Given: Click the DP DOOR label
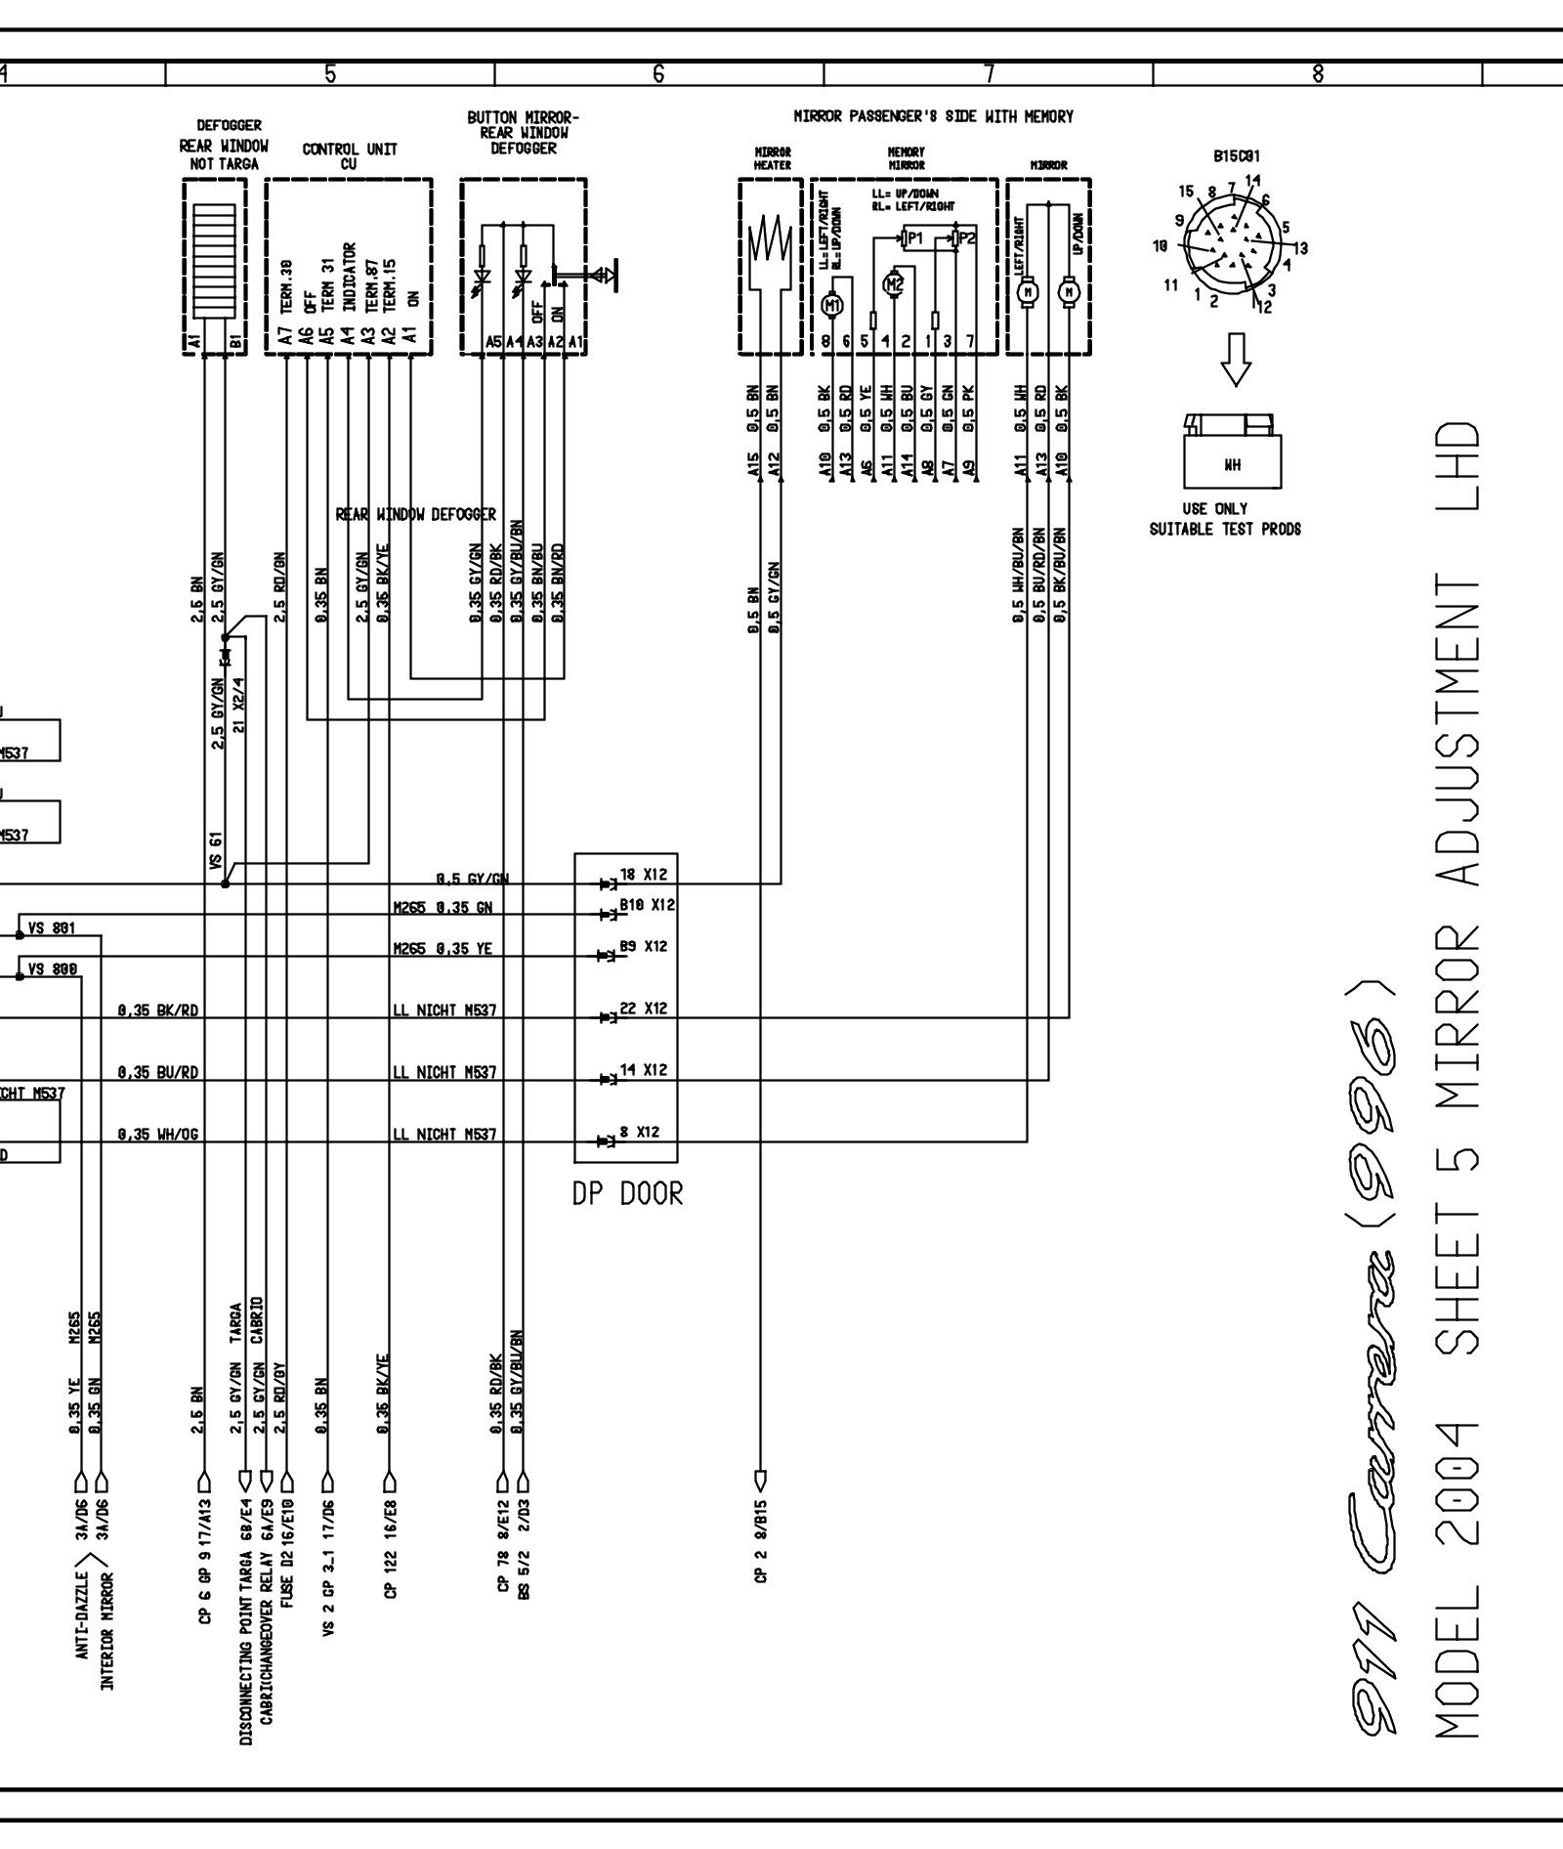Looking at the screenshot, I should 627,1193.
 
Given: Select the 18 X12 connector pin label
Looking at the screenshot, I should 644,875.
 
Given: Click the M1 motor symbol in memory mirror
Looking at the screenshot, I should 832,305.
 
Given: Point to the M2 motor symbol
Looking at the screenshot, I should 894,284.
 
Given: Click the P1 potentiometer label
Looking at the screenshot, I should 914,237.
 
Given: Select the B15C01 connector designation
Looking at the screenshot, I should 1236,155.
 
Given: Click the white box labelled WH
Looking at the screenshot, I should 1232,464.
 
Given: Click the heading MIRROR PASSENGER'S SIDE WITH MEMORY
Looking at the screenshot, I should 933,116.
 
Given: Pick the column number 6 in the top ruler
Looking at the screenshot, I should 658,72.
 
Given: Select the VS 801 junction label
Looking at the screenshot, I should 51,927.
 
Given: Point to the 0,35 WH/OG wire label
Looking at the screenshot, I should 158,1135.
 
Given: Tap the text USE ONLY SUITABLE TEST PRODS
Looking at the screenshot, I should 1225,520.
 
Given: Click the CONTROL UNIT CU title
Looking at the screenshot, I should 349,156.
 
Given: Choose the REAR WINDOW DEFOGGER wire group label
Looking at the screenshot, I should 416,514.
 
